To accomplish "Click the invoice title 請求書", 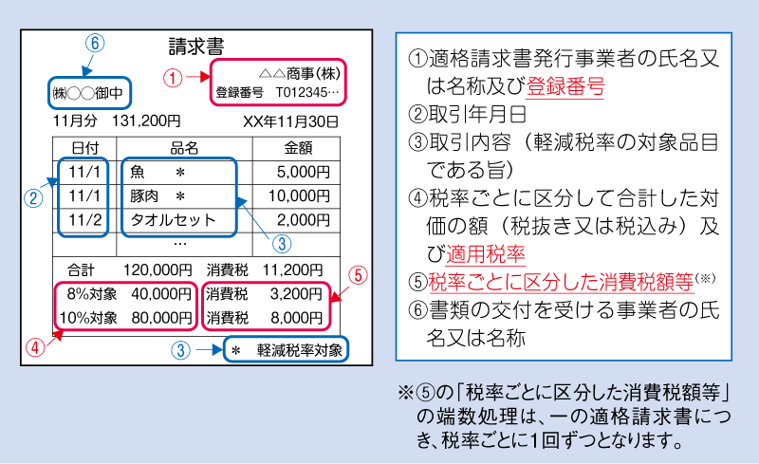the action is [196, 46].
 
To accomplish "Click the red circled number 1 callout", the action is [173, 78].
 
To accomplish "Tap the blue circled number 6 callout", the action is [95, 43].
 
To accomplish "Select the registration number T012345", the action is [307, 92].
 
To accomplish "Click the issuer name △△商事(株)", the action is [300, 74].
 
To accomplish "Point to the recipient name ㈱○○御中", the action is [87, 92].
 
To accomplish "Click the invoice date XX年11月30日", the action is [290, 121].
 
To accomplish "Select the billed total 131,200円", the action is [146, 121].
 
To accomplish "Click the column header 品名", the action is [184, 148].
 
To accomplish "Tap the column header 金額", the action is [298, 148].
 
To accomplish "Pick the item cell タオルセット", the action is [173, 220].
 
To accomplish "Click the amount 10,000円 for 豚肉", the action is [299, 195].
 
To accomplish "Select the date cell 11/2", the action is [84, 220].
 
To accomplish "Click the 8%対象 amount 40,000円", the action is [161, 293].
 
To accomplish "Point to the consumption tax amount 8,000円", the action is [296, 318].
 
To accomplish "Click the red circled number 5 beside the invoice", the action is [358, 274].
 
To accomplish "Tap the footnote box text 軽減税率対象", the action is [300, 350].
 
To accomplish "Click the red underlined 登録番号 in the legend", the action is [565, 86].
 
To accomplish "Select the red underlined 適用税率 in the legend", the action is [486, 253].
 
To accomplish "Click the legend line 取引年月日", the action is [478, 114].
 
